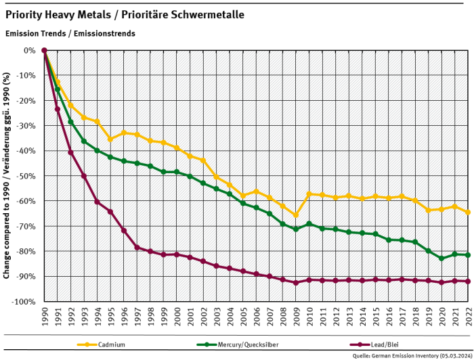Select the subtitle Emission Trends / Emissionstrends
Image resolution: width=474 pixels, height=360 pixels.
point(70,33)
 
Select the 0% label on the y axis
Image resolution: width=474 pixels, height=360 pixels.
point(30,51)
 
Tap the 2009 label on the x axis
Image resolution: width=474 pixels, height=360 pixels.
point(295,317)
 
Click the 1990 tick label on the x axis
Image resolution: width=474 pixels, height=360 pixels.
point(44,317)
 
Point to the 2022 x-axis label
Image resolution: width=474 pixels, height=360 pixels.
point(467,317)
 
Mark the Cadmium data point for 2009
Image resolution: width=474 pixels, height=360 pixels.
point(295,215)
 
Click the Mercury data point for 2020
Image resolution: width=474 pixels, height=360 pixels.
point(441,258)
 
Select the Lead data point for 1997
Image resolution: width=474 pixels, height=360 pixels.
point(137,247)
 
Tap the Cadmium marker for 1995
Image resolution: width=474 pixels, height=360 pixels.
point(110,139)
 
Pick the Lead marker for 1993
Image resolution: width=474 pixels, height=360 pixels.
point(84,176)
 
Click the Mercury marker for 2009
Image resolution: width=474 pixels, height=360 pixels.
point(295,229)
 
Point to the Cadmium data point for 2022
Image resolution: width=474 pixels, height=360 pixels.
point(467,212)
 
